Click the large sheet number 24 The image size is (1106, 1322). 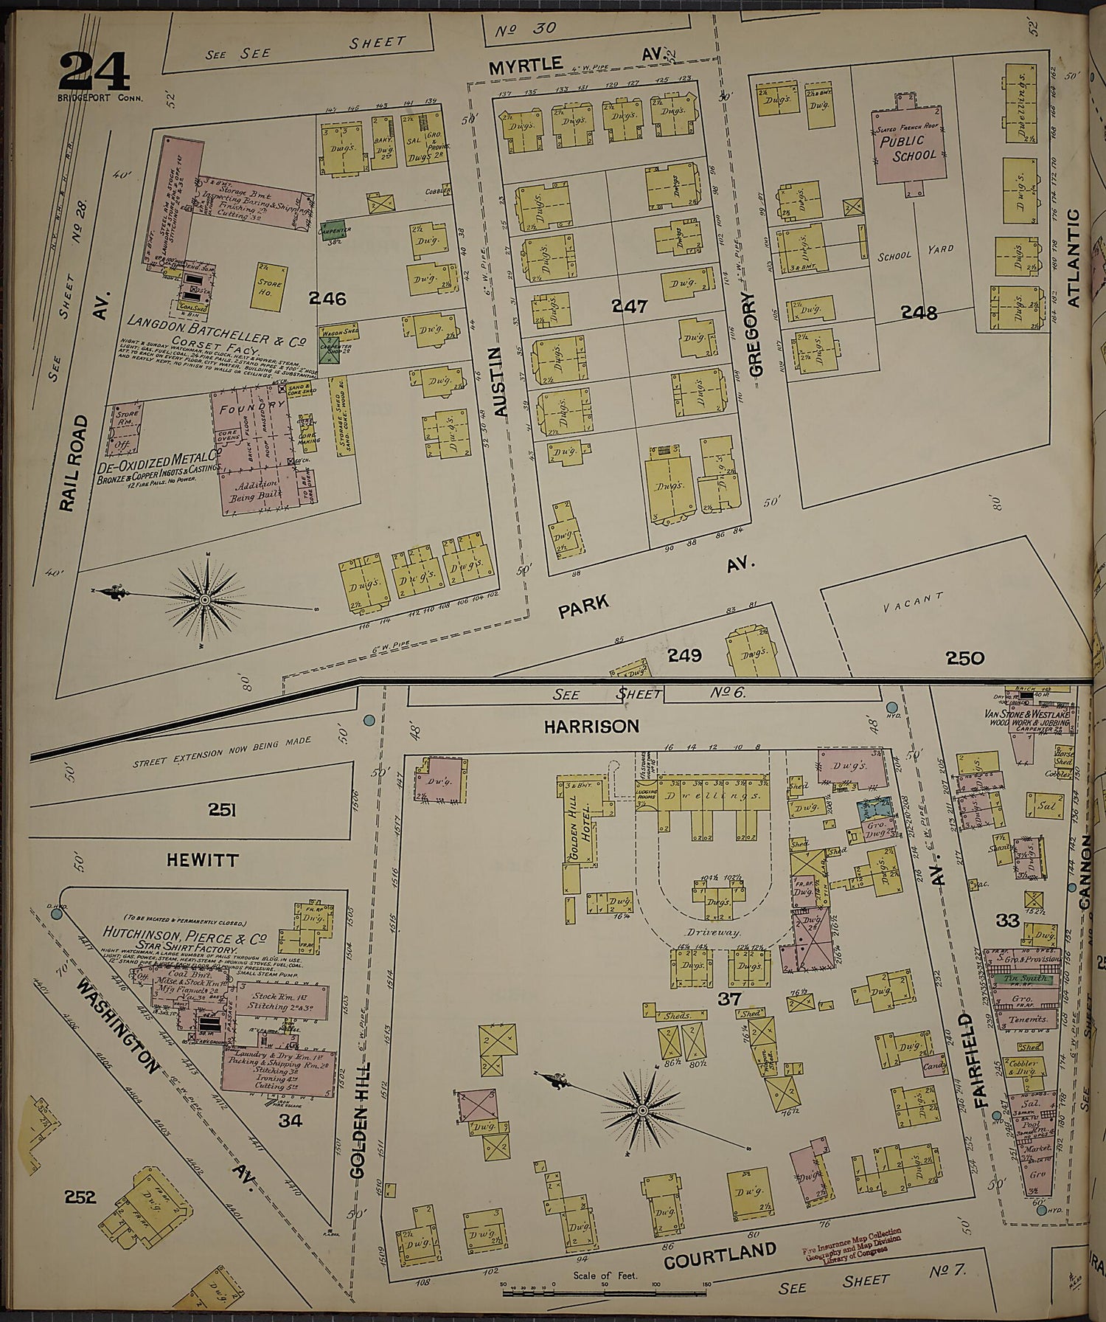tap(94, 72)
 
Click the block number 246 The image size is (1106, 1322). tap(327, 299)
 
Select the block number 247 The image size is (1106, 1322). tap(629, 305)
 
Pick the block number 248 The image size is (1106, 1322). tap(919, 313)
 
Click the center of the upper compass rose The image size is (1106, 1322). tap(204, 600)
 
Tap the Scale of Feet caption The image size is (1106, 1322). tap(605, 1276)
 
